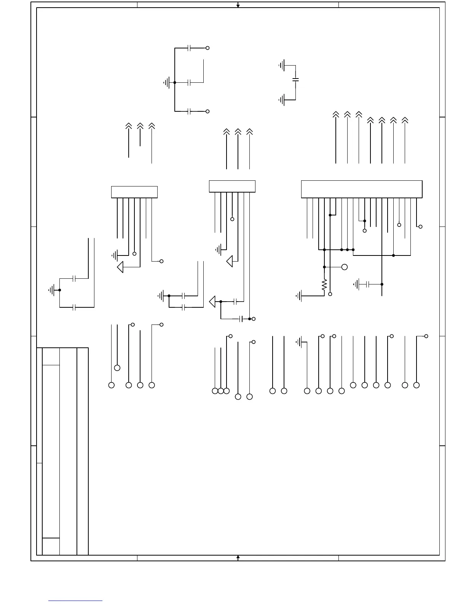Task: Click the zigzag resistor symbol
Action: (324, 285)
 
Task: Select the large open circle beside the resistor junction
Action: (345, 267)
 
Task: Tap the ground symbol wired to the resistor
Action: (299, 296)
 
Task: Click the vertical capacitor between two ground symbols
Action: (295, 80)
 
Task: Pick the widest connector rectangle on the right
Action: (362, 189)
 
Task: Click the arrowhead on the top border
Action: (238, 5)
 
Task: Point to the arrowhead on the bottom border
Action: (238, 557)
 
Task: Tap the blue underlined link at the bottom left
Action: (75, 601)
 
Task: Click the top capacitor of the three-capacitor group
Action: (189, 48)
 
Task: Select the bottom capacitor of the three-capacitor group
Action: (189, 111)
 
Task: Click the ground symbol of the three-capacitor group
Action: (166, 82)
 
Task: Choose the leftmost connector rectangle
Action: (134, 192)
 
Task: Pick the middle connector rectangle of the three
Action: (232, 186)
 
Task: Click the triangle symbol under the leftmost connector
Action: (120, 267)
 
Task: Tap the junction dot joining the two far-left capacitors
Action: (60, 290)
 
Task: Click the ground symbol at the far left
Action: (51, 290)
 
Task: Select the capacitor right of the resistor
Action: (367, 284)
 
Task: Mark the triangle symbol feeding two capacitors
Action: (212, 302)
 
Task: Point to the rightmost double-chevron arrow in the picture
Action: (405, 120)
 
